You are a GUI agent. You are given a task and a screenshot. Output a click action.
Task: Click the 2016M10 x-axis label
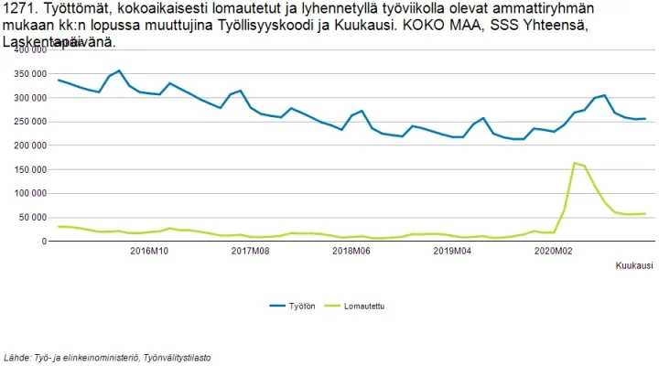pos(149,251)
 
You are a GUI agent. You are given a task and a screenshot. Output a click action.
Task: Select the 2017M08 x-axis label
pos(250,251)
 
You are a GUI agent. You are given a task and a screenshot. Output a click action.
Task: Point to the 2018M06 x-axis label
pos(351,251)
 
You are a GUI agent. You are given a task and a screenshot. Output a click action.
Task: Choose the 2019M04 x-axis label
pos(451,251)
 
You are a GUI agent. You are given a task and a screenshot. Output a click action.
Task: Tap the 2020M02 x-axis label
pos(552,251)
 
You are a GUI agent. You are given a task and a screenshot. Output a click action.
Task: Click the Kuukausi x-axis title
pos(633,265)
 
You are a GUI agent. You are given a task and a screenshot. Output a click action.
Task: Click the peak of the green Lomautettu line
pos(574,164)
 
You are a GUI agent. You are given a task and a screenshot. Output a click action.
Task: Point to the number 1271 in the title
pos(19,9)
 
